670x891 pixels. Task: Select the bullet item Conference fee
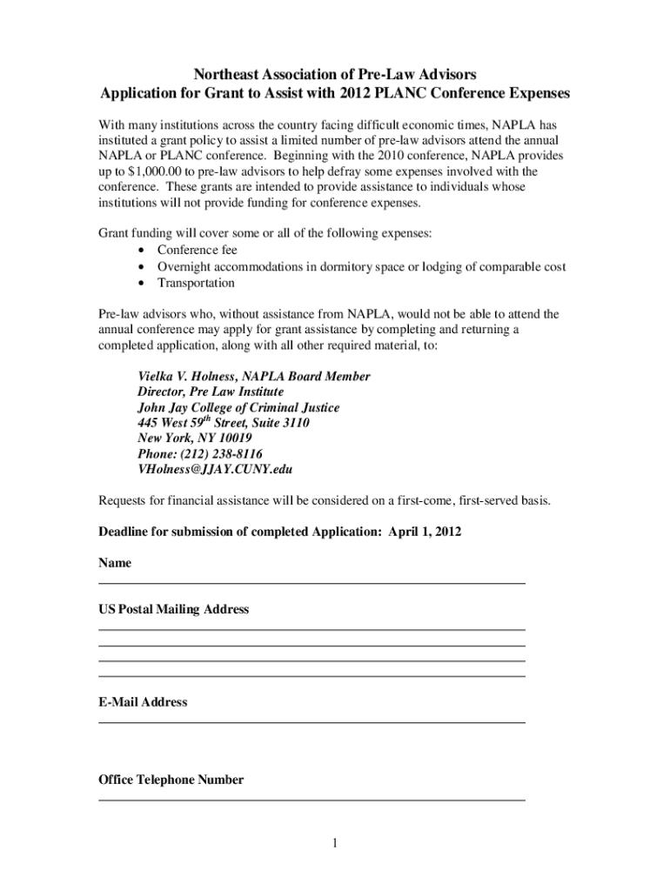coord(197,251)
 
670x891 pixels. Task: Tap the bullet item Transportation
coord(196,283)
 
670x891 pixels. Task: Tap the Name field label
coord(115,563)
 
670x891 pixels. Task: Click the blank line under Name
coord(312,581)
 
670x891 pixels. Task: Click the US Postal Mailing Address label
coord(174,610)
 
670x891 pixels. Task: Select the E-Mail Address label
coord(143,702)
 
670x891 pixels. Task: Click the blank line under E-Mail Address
coord(312,721)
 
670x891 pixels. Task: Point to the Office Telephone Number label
coord(171,780)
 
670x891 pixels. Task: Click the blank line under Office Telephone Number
coord(312,799)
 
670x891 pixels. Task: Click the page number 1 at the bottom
coord(334,844)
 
